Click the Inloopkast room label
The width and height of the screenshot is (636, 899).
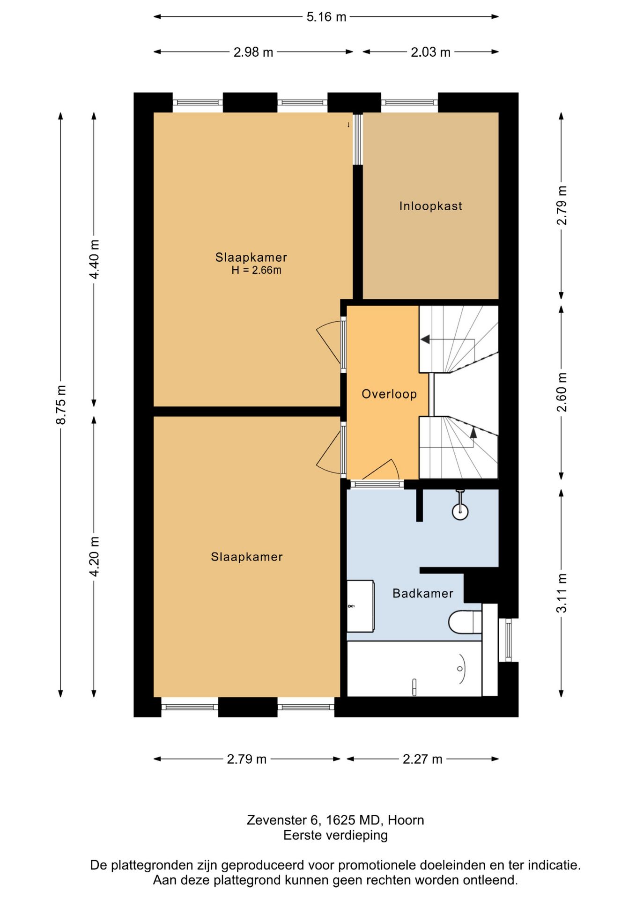(430, 206)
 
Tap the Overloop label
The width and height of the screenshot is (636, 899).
(389, 394)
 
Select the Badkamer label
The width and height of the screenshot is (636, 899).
(423, 594)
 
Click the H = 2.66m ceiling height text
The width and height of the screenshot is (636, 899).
(256, 270)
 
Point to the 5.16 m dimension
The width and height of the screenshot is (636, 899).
(326, 17)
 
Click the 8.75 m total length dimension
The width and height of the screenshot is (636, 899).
(61, 405)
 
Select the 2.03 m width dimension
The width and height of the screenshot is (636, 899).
(430, 52)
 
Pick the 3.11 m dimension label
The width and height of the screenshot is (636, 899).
(562, 593)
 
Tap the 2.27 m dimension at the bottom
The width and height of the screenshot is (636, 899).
(422, 759)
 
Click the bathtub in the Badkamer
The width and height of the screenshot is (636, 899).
(414, 669)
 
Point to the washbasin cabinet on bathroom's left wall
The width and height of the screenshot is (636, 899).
(360, 606)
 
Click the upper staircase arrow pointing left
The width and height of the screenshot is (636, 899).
(447, 339)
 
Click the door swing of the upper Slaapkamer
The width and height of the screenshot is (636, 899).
(329, 342)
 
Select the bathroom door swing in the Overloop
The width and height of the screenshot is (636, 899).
(381, 470)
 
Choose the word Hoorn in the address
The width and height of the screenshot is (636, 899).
(406, 820)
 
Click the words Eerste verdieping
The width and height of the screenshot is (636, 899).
(335, 835)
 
